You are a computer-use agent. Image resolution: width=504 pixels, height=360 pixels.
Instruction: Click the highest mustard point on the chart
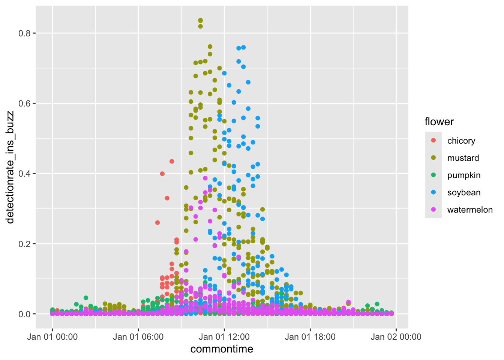[x=201, y=21]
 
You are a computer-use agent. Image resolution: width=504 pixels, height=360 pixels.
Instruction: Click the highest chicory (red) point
[x=172, y=161]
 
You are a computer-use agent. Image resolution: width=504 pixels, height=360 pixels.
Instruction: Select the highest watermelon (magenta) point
[x=205, y=178]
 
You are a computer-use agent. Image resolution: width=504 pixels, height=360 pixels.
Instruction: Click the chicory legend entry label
[x=461, y=141]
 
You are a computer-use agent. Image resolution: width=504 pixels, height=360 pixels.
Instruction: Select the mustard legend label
[x=463, y=158]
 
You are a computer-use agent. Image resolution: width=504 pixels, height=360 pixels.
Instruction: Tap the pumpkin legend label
[x=464, y=175]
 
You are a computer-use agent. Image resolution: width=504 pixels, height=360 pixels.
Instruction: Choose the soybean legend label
[x=464, y=192]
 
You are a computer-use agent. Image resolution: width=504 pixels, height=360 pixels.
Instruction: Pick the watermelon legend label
[x=470, y=210]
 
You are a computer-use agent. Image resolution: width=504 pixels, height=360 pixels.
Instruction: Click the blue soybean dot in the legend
[x=433, y=192]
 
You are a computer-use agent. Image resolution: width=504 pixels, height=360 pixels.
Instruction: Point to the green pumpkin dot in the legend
[x=433, y=175]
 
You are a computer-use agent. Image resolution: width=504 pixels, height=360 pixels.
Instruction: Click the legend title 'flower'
[x=439, y=122]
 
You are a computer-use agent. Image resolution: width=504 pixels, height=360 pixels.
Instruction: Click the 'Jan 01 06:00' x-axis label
[x=138, y=337]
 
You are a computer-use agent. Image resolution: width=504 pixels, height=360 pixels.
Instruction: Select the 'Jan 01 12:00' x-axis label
[x=224, y=337]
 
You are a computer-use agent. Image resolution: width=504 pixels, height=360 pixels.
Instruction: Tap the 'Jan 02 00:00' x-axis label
[x=396, y=337]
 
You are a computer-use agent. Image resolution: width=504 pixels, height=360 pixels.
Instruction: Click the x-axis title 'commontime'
[x=222, y=349]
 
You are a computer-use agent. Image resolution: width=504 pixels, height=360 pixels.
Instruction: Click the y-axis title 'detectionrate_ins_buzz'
[x=10, y=167]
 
